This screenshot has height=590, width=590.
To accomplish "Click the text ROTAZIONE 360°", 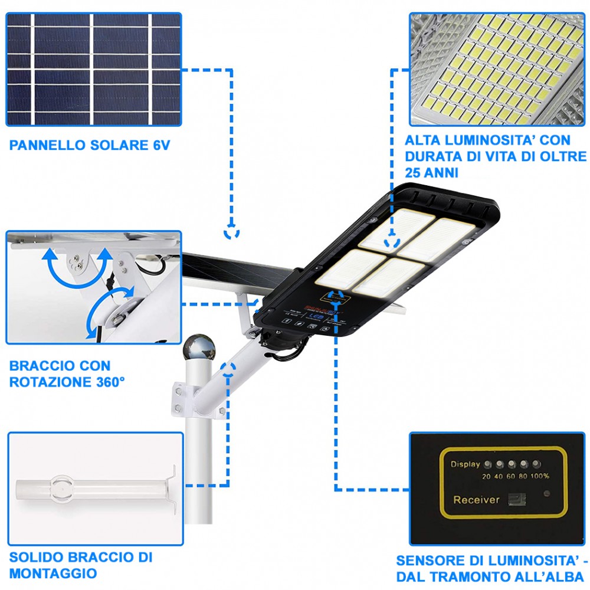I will pyautogui.click(x=67, y=382).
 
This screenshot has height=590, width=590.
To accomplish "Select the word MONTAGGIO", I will pyautogui.click(x=54, y=573).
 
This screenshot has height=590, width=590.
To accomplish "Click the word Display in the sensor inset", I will pyautogui.click(x=465, y=464).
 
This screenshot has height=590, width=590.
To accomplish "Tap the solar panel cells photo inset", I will pyautogui.click(x=93, y=69).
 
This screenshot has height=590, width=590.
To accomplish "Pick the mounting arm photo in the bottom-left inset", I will pyautogui.click(x=94, y=490).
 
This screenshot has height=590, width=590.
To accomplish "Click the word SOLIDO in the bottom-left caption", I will pyautogui.click(x=32, y=558).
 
